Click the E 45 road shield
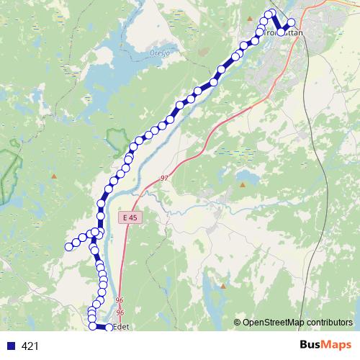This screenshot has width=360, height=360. [x=128, y=217]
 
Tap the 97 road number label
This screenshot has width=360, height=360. [x=164, y=177]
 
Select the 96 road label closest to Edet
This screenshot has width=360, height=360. [x=120, y=312]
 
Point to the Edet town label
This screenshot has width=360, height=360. [x=121, y=325]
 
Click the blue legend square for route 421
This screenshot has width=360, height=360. [x=9, y=346]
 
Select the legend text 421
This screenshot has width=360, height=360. [x=30, y=346]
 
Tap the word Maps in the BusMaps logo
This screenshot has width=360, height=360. [x=335, y=346]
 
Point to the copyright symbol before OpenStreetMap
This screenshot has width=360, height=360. [x=238, y=322]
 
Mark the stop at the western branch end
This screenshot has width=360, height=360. [x=69, y=247]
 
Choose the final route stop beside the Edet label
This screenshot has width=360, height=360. [x=109, y=328]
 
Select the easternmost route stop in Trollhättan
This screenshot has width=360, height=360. [x=292, y=22]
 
